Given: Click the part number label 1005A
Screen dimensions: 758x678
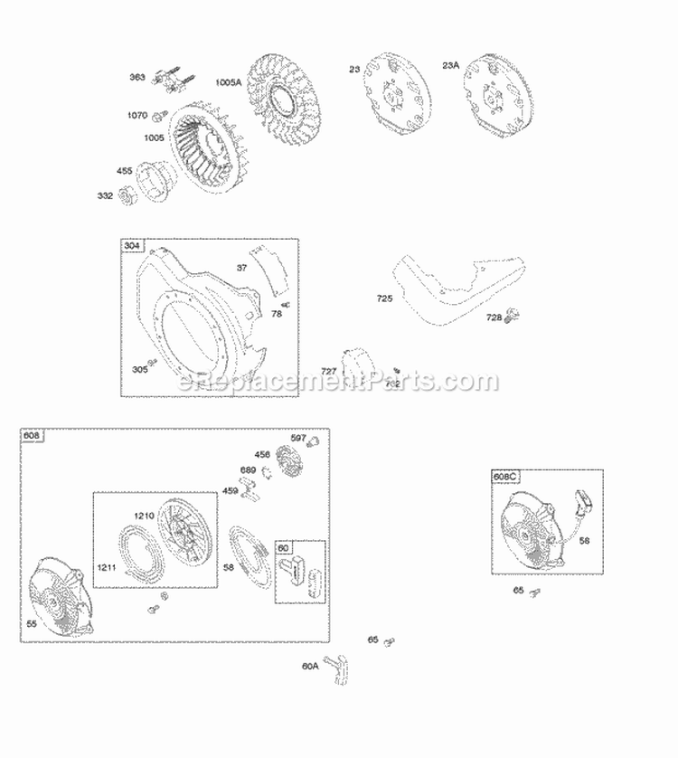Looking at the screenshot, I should click(x=228, y=82).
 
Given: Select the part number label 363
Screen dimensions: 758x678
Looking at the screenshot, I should click(x=137, y=78).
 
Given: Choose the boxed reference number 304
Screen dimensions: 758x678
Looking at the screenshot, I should click(x=133, y=247).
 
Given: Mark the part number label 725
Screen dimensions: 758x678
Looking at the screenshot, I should click(x=385, y=298).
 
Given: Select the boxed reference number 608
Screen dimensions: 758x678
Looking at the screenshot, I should click(x=33, y=436).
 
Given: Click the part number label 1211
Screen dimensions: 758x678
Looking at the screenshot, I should click(x=108, y=567).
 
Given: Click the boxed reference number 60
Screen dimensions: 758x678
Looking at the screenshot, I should click(x=283, y=548).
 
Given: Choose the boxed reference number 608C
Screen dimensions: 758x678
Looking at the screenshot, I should click(x=506, y=477).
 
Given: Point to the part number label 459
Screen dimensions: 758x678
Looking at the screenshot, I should click(x=231, y=491).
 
